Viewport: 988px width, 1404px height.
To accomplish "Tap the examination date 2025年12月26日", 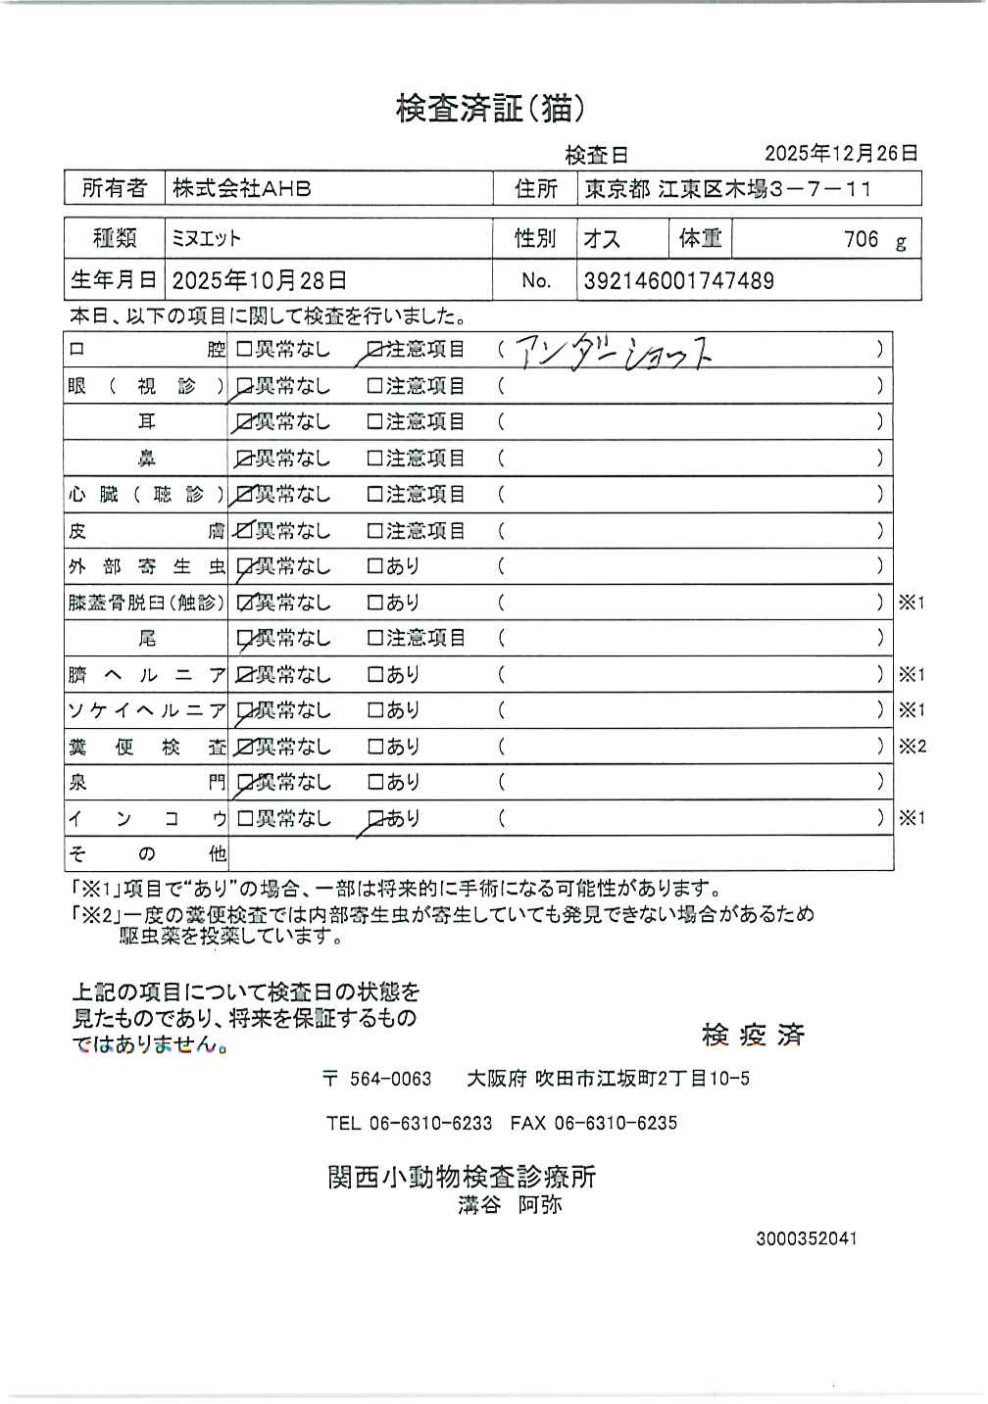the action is (x=841, y=153).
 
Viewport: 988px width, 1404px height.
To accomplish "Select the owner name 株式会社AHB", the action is (x=242, y=188).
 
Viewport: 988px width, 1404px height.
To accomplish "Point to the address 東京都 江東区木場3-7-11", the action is (x=727, y=189).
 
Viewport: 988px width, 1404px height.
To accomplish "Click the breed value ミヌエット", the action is (x=207, y=238).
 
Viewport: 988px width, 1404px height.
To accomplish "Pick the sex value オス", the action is (x=602, y=239).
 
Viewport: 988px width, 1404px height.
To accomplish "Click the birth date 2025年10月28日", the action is (x=259, y=281).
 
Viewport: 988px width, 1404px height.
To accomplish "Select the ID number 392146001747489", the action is (x=678, y=281).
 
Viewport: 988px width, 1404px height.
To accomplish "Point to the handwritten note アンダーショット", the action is (x=613, y=353).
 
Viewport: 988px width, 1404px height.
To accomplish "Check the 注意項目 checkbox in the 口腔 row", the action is (x=373, y=350).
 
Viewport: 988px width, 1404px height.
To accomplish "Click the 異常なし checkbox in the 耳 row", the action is (x=244, y=423).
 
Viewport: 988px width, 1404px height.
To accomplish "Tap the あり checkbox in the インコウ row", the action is (x=373, y=818).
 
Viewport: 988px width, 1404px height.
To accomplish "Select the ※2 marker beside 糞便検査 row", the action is (x=912, y=747).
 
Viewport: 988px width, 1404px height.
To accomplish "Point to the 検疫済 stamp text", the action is (x=753, y=1035).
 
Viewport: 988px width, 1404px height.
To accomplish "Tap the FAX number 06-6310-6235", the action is (x=615, y=1123).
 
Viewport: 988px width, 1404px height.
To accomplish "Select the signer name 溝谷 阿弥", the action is (x=510, y=1205).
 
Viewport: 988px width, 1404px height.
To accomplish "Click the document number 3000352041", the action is (x=806, y=1238).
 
